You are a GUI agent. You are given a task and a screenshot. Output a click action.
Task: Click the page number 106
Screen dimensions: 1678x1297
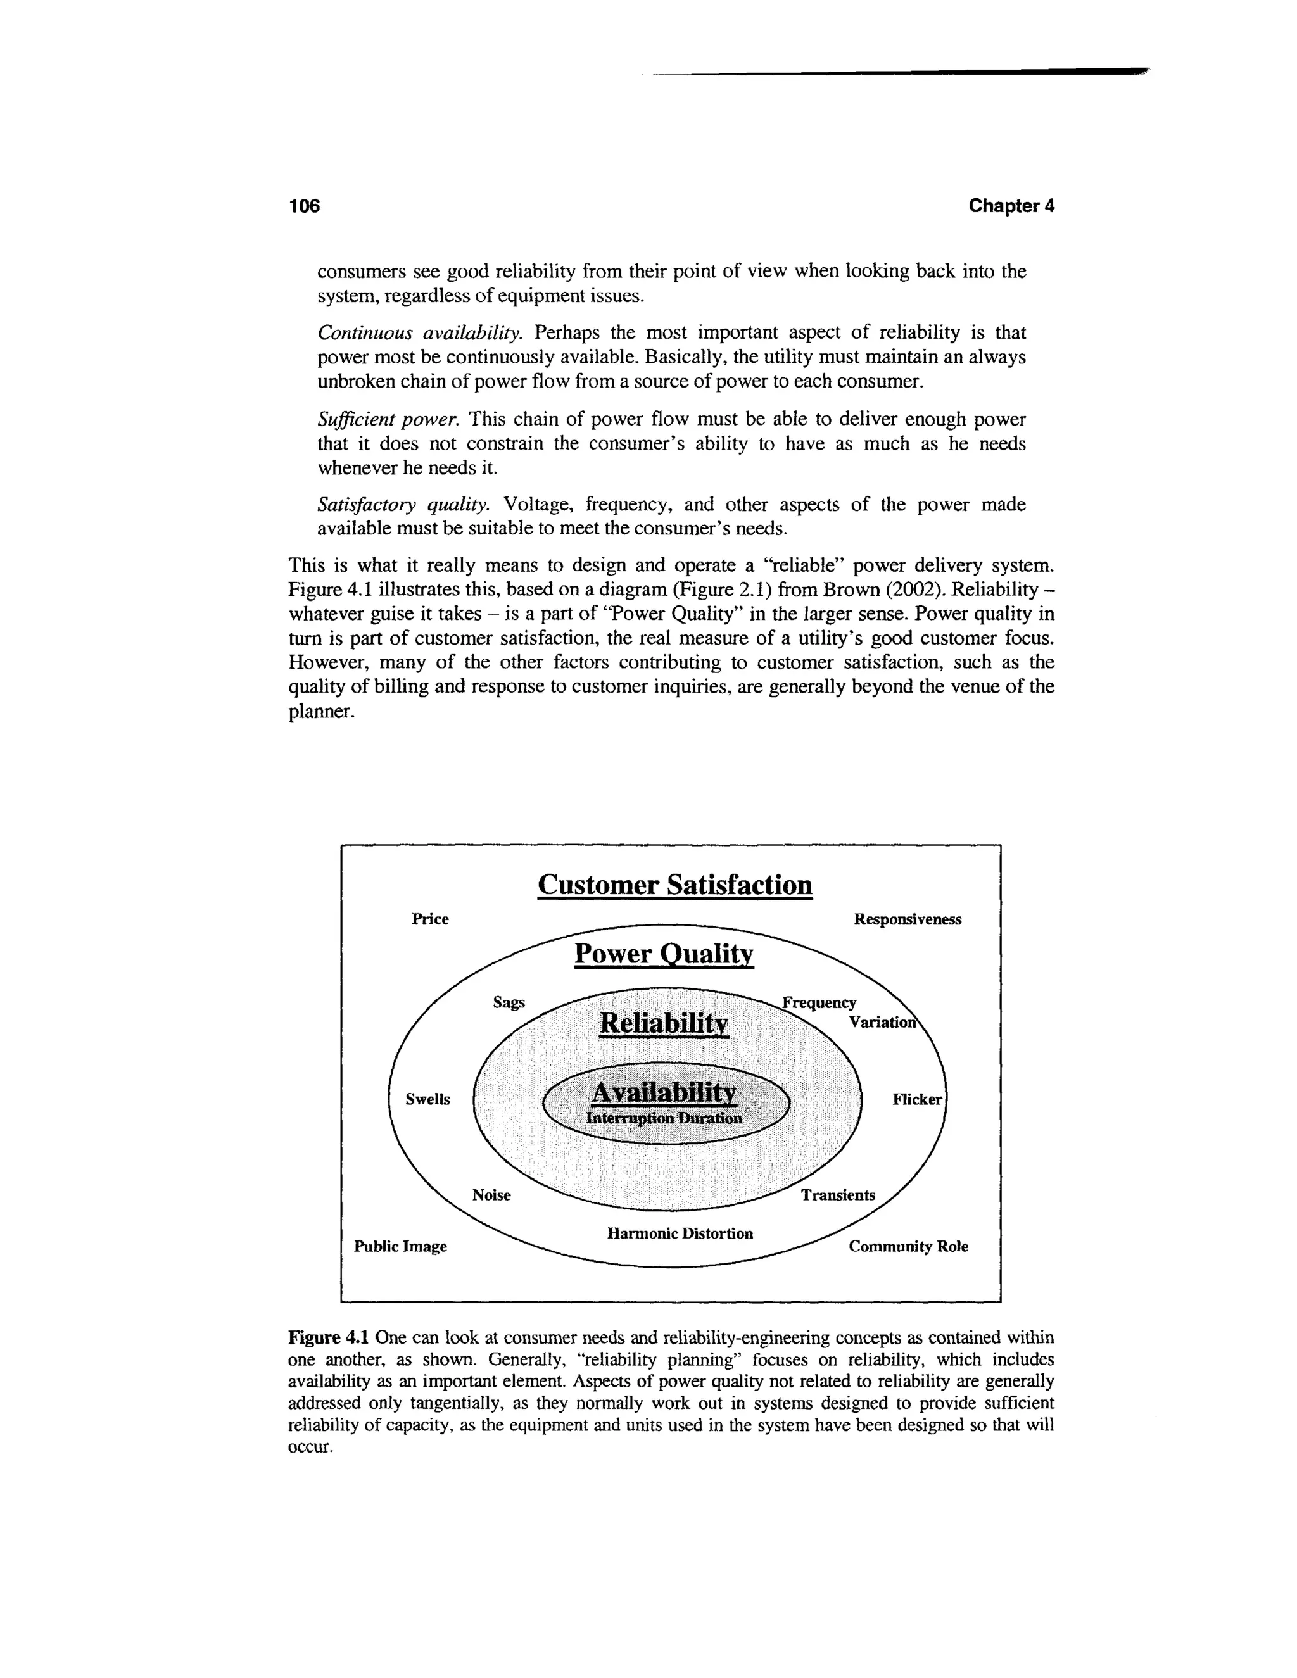303,206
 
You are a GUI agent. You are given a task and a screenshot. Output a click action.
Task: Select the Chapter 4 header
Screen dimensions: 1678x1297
1011,206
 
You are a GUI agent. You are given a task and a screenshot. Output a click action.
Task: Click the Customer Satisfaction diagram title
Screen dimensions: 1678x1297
674,885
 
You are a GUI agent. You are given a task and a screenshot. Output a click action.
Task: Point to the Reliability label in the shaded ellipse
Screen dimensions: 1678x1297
663,1023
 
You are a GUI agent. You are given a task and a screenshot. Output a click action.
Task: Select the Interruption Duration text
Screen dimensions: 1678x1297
664,1118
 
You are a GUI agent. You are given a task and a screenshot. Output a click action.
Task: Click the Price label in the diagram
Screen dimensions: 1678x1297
430,919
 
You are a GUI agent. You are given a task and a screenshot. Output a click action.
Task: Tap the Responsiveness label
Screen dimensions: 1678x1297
908,919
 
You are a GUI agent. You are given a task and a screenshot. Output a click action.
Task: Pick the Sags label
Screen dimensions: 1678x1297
509,1002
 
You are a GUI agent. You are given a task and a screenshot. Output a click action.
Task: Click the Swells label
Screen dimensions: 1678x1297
428,1099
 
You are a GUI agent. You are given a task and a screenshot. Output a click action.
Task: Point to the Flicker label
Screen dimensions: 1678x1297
916,1099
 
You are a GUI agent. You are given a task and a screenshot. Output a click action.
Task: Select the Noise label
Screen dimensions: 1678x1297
491,1195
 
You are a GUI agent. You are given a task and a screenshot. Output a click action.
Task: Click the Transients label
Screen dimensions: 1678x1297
837,1195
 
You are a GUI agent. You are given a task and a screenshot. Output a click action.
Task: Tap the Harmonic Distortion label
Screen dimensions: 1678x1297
680,1233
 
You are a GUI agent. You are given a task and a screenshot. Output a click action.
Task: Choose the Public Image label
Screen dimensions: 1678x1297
400,1246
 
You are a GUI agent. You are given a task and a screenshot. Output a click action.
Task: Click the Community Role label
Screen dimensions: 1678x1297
908,1246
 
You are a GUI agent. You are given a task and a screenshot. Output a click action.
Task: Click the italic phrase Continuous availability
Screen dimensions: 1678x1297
419,332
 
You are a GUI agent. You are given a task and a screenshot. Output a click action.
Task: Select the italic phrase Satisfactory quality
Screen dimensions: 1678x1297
403,505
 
